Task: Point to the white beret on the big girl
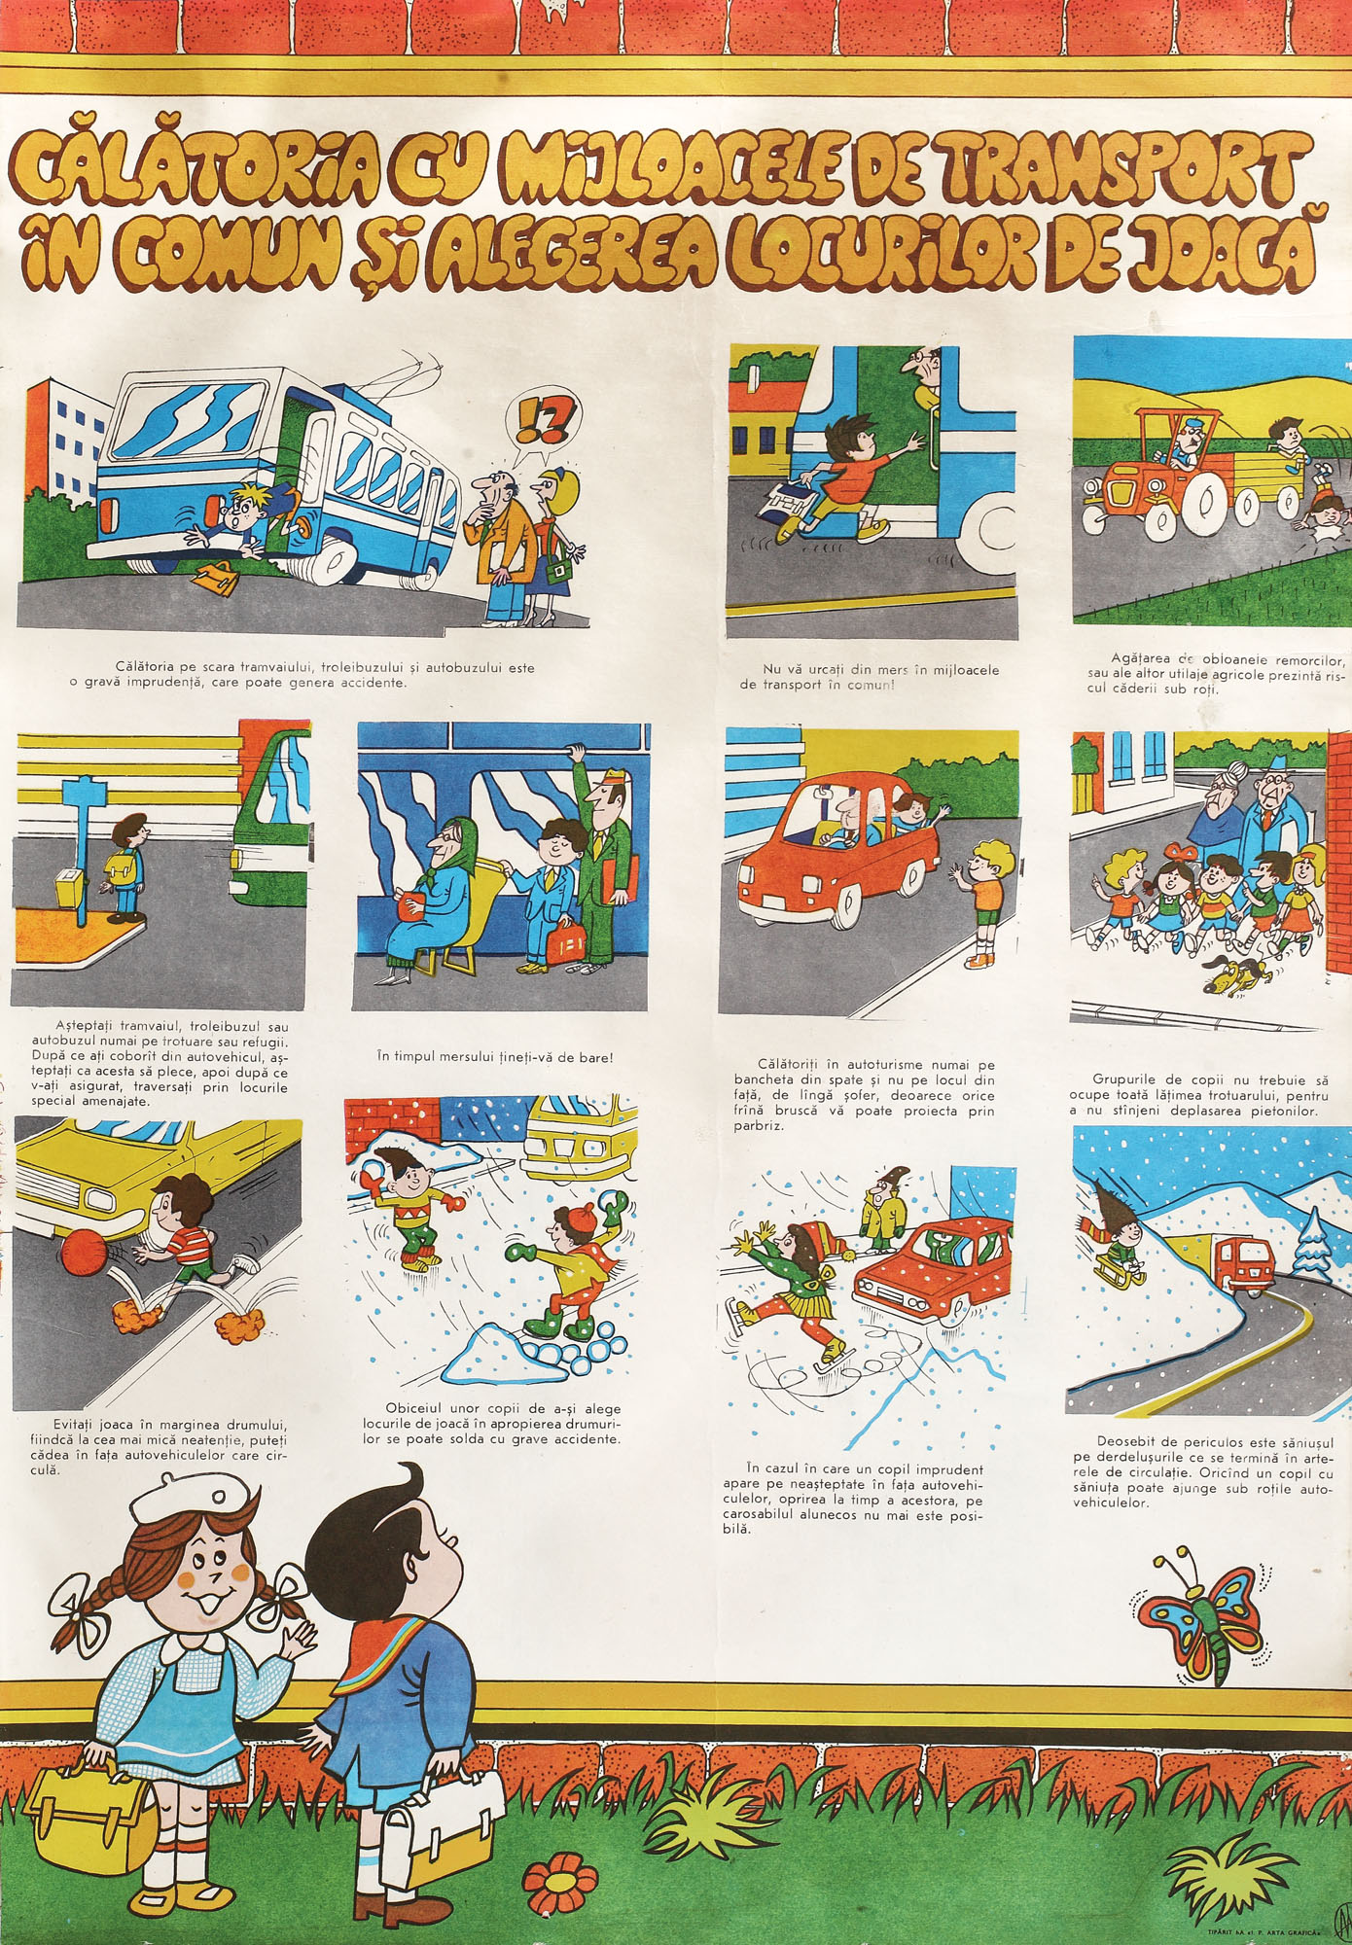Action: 190,1502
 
